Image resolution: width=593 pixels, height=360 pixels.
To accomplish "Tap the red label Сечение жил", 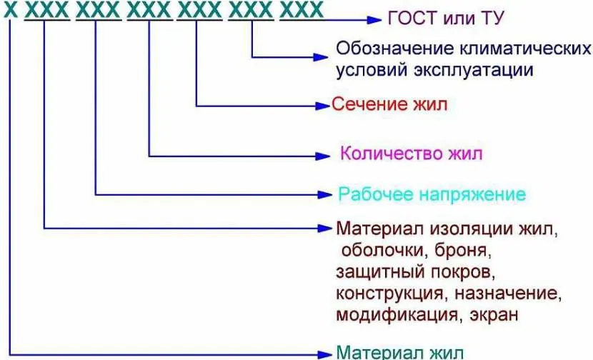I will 389,105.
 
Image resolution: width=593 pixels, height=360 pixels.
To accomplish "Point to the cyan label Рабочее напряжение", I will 432,194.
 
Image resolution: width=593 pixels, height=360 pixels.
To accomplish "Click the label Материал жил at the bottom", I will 399,352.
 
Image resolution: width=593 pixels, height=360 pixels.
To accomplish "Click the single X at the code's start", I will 9,11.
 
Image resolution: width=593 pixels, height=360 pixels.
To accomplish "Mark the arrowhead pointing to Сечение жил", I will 323,106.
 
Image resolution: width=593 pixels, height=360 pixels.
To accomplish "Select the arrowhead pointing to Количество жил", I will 325,154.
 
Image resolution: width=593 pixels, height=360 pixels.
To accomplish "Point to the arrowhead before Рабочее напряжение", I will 325,194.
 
